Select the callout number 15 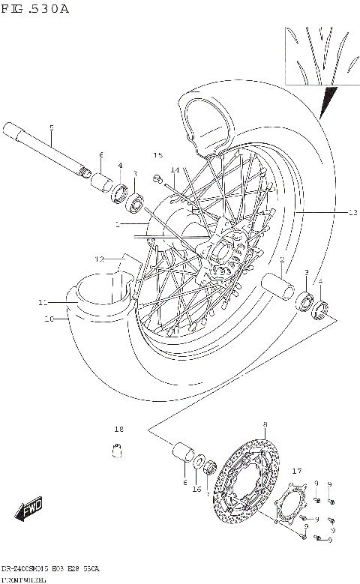coord(158,155)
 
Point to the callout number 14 coord(174,170)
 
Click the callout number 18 coord(118,430)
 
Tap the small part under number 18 coord(117,451)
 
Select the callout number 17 coord(296,472)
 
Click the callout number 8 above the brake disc coord(264,426)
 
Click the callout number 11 coord(43,303)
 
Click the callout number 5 coord(52,127)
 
